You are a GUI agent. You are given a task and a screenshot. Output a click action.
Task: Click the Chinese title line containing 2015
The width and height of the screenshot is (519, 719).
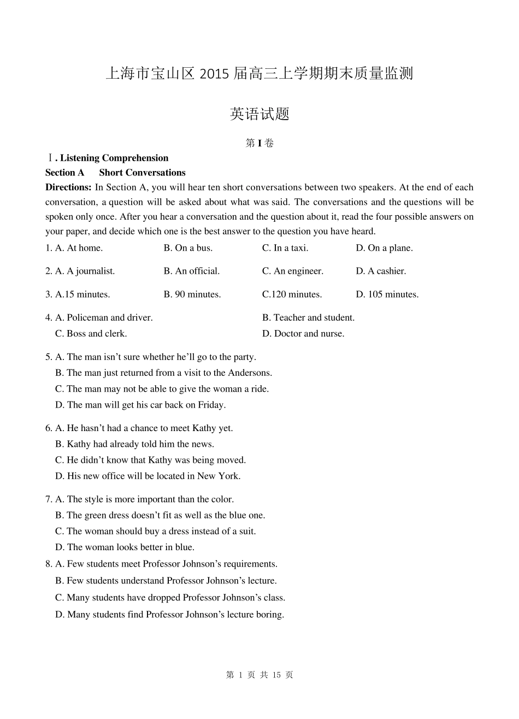259,74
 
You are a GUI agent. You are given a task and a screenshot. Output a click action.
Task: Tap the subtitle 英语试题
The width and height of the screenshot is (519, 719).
259,114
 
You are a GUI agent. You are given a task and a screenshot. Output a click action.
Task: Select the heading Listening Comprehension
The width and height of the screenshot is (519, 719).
114,158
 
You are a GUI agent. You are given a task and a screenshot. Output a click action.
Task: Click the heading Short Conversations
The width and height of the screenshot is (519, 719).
142,173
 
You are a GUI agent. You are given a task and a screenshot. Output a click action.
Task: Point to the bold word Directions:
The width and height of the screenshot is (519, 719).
68,187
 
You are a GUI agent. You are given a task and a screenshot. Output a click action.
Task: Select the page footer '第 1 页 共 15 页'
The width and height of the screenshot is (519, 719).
259,675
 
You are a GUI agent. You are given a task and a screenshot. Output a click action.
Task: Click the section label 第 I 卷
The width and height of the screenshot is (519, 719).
259,144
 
